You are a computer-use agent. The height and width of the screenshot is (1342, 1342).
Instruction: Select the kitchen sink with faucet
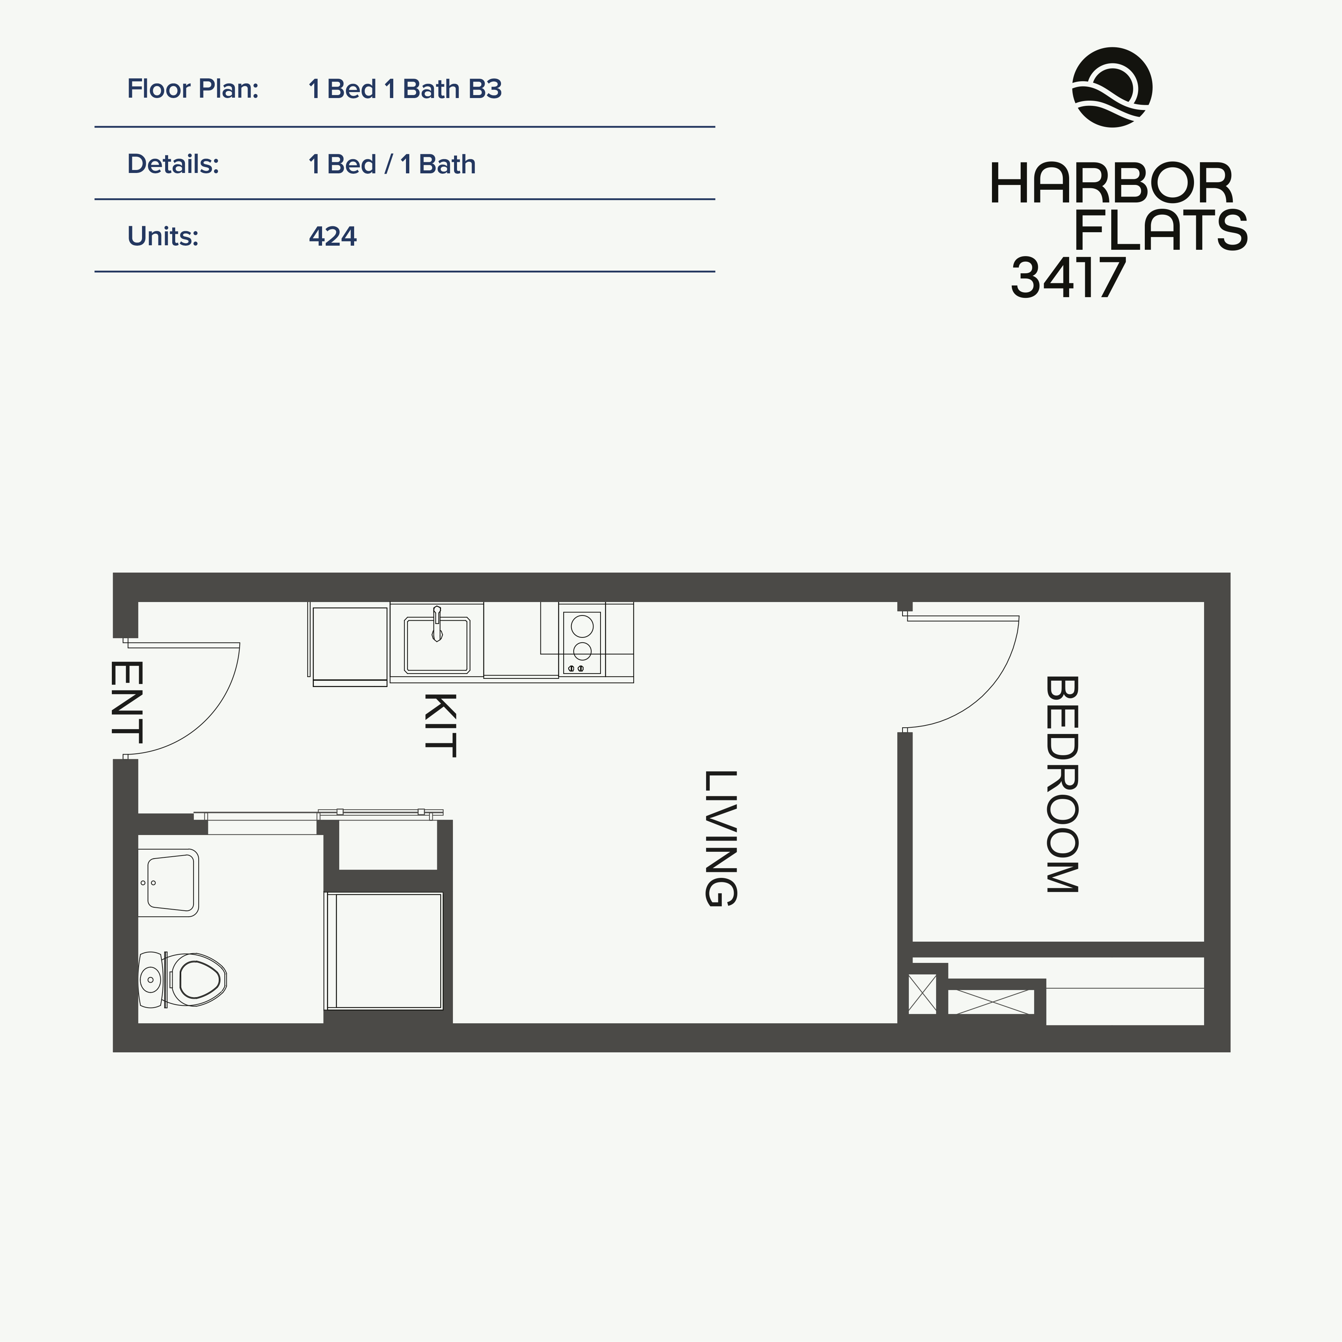tap(437, 645)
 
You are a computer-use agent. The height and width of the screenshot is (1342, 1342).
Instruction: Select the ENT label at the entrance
tap(127, 702)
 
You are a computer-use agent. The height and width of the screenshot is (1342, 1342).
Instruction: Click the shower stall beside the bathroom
tap(384, 950)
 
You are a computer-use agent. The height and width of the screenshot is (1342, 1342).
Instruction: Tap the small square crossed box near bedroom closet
tap(923, 994)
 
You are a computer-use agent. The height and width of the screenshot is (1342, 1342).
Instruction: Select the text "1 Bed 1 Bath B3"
tap(405, 89)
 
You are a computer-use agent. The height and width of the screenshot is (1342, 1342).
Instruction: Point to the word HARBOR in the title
tap(1111, 184)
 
